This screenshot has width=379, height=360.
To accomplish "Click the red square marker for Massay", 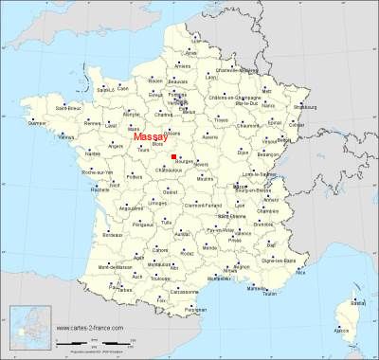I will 173,157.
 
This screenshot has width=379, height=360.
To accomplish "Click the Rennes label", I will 93,122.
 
